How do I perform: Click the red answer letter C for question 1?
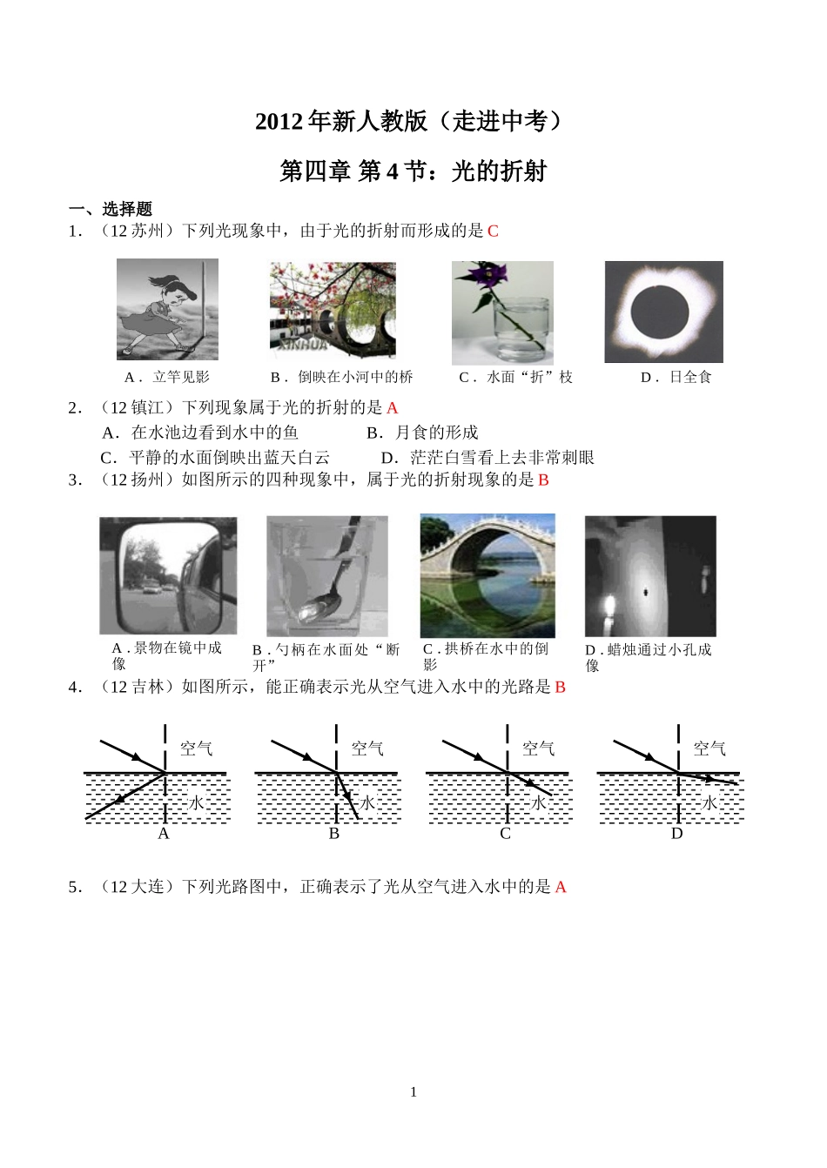click(493, 231)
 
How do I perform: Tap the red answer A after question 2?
click(392, 407)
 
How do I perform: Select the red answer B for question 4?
click(560, 687)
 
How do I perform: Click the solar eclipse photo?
click(663, 312)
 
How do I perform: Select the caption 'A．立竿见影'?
click(167, 377)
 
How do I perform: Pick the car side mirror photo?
click(168, 576)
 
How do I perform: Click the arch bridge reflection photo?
click(487, 575)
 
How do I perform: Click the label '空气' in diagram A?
click(196, 748)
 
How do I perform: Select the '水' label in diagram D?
click(709, 802)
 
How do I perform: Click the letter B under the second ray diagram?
click(334, 834)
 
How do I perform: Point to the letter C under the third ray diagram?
click(505, 834)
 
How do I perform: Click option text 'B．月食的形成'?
click(422, 433)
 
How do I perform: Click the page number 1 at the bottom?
click(413, 1091)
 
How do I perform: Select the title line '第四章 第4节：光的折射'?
click(413, 171)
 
